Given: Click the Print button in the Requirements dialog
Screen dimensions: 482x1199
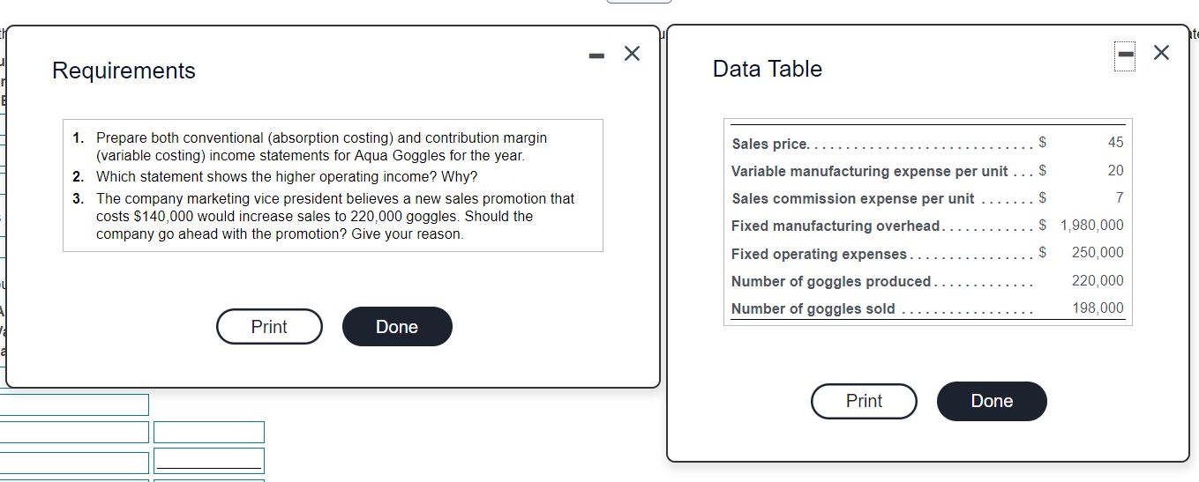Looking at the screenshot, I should pyautogui.click(x=269, y=327).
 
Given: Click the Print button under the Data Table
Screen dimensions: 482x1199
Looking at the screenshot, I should pyautogui.click(x=864, y=401).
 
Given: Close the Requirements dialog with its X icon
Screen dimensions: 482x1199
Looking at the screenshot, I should pyautogui.click(x=632, y=54).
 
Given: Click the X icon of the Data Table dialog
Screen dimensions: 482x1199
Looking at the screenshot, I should pyautogui.click(x=1161, y=53).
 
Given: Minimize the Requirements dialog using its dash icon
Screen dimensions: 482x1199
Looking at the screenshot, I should pyautogui.click(x=597, y=55).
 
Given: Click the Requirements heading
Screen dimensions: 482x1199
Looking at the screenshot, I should pyautogui.click(x=124, y=70).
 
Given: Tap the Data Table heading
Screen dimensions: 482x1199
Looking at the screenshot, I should pyautogui.click(x=767, y=69).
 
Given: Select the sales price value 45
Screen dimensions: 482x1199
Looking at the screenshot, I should pyautogui.click(x=1115, y=143).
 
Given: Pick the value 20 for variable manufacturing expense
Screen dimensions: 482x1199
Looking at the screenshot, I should pyautogui.click(x=1115, y=170).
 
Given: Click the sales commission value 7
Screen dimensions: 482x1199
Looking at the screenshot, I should pyautogui.click(x=1119, y=197).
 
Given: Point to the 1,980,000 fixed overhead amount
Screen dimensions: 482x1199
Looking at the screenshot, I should pyautogui.click(x=1091, y=226).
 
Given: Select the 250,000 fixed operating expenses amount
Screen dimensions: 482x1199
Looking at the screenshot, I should pyautogui.click(x=1097, y=253).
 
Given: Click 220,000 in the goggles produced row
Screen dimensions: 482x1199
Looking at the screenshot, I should pyautogui.click(x=1097, y=281).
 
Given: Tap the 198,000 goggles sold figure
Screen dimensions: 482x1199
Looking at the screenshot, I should pyautogui.click(x=1097, y=308).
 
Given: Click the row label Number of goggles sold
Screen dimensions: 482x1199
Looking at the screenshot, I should pyautogui.click(x=813, y=309).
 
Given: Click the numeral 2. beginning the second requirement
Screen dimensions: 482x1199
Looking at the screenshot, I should pyautogui.click(x=79, y=176).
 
